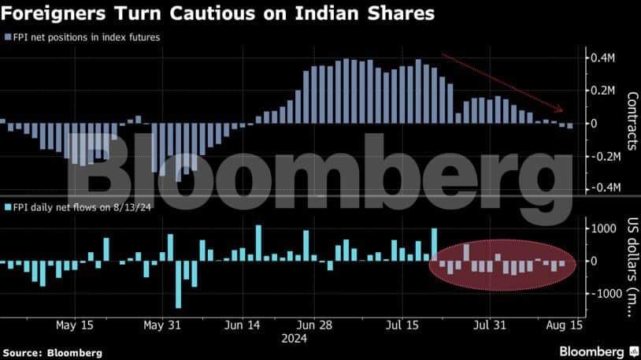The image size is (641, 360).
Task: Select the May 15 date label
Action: [x=76, y=325]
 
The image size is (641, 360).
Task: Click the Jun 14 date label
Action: [x=242, y=325]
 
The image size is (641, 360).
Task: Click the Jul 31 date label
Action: [x=490, y=325]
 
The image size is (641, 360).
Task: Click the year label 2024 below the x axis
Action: [x=295, y=338]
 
